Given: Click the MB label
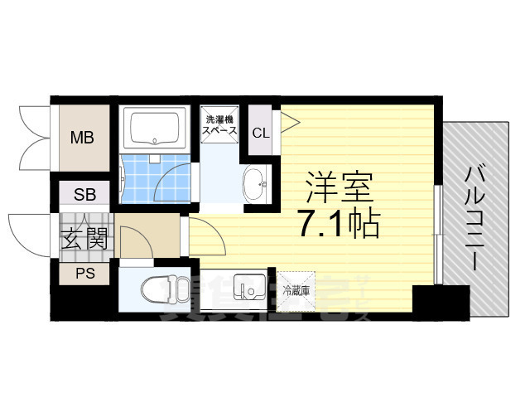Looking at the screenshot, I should (81, 138).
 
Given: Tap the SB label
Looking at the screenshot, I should (84, 195).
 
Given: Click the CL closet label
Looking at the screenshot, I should (260, 133).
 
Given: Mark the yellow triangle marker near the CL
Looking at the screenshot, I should (289, 122).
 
